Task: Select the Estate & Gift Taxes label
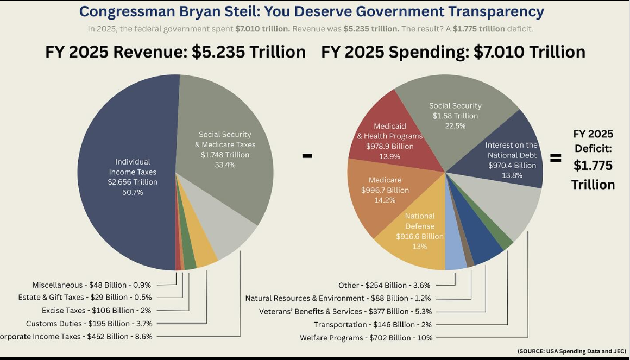pyautogui.click(x=85, y=298)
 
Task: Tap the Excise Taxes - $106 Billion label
pyautogui.click(x=96, y=311)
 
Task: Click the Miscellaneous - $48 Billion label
pyautogui.click(x=91, y=285)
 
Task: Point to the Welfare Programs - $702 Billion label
pyautogui.click(x=366, y=338)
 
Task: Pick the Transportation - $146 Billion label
pyautogui.click(x=373, y=325)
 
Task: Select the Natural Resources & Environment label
pyautogui.click(x=338, y=298)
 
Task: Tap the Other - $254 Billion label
pyautogui.click(x=384, y=286)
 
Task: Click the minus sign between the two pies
pyautogui.click(x=307, y=156)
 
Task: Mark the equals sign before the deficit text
pyautogui.click(x=555, y=158)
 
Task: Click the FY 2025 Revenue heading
pyautogui.click(x=175, y=52)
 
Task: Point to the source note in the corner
pyautogui.click(x=571, y=351)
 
